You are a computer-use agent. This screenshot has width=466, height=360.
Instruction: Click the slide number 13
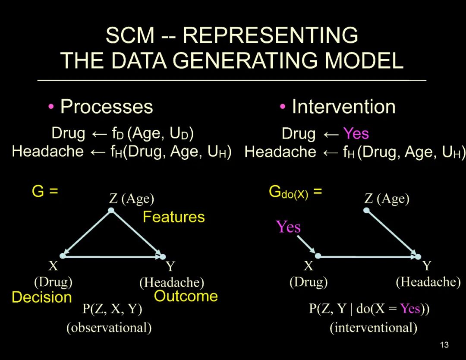(x=444, y=344)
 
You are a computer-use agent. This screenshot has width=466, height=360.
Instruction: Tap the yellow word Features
(x=173, y=217)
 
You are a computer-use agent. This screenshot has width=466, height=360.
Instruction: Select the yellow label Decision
(x=41, y=297)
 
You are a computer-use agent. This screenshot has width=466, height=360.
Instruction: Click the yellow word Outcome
(x=186, y=296)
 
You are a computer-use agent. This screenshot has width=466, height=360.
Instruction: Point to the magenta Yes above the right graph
(x=288, y=227)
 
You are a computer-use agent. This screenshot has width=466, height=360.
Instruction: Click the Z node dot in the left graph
(x=111, y=210)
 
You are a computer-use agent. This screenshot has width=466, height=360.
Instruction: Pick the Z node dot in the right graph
(x=366, y=210)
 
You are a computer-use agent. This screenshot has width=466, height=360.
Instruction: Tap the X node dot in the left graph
(x=63, y=256)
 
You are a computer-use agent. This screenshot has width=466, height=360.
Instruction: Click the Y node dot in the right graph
(x=418, y=257)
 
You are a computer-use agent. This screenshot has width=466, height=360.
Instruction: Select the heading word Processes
(x=107, y=107)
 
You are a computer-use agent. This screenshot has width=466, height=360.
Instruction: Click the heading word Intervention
(x=343, y=107)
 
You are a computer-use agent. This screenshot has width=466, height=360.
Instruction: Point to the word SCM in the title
(x=130, y=35)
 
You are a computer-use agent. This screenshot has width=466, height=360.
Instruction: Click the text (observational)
(x=109, y=328)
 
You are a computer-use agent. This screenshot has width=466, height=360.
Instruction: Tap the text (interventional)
(x=373, y=328)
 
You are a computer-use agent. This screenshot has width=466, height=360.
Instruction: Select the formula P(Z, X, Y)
(x=112, y=309)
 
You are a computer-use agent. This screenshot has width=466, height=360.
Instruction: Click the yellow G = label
(x=45, y=191)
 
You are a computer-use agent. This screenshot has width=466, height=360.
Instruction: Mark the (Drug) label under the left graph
(x=53, y=282)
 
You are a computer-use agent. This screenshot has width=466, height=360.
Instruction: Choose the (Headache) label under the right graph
(x=428, y=282)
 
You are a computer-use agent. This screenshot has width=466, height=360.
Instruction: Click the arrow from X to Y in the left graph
(x=112, y=256)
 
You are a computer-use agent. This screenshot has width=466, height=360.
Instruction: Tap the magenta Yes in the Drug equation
(x=356, y=134)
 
